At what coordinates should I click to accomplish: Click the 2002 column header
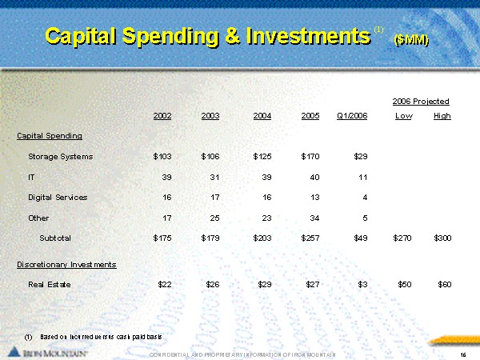(x=162, y=116)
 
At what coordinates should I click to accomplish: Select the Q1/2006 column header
(x=353, y=116)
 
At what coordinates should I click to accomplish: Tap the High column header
(x=442, y=116)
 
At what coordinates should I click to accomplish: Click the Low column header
(x=403, y=116)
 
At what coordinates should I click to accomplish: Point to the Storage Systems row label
(x=60, y=156)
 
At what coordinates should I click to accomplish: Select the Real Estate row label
(x=50, y=284)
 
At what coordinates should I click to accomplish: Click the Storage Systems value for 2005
(x=310, y=156)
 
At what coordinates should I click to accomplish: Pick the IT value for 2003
(x=212, y=177)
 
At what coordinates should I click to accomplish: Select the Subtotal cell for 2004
(x=262, y=238)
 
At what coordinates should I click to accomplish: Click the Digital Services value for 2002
(x=165, y=197)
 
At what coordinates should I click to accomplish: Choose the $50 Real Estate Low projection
(x=404, y=284)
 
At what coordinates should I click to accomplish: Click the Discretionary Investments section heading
(x=66, y=264)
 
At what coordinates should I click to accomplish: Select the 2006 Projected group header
(x=421, y=102)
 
